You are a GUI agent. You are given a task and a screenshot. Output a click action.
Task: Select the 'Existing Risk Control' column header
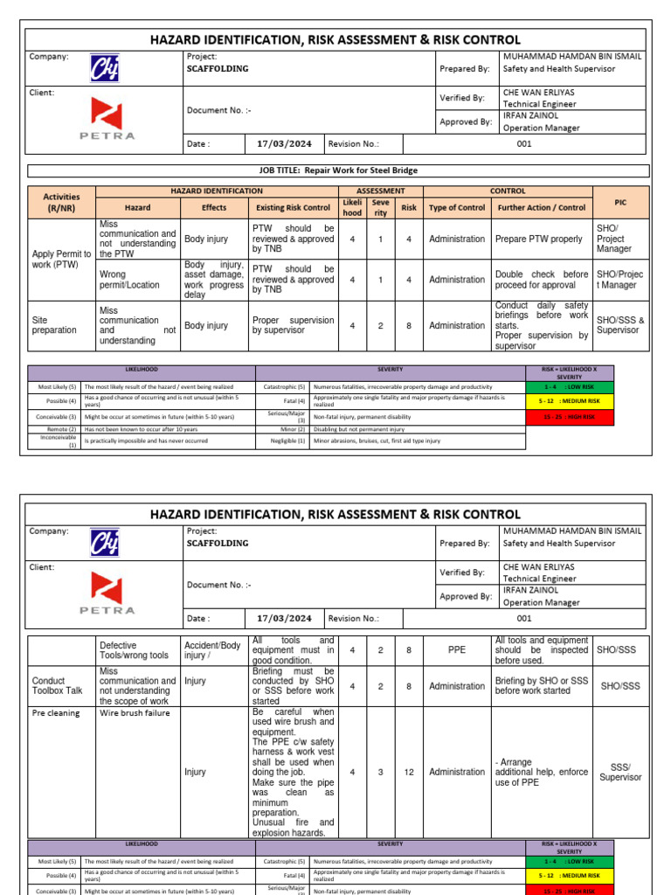point(293,208)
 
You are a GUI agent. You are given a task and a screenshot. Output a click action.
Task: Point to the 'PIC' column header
point(620,202)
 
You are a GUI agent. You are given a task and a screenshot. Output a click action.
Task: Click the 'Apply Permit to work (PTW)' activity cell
point(61,259)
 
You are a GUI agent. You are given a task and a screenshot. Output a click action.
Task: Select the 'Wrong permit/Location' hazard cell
point(137,280)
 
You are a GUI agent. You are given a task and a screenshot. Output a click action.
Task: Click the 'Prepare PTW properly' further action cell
point(538,239)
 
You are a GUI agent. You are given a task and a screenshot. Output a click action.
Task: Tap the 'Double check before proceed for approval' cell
point(542,280)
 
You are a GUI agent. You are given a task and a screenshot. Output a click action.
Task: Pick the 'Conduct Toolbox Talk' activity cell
point(61,686)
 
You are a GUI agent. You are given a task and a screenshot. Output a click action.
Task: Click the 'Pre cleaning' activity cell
point(56,713)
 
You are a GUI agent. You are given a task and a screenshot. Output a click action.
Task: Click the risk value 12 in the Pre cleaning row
point(408,773)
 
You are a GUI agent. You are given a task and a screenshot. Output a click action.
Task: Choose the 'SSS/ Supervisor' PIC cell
point(620,773)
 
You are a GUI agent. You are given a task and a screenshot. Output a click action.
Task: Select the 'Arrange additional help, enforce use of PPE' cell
point(542,773)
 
